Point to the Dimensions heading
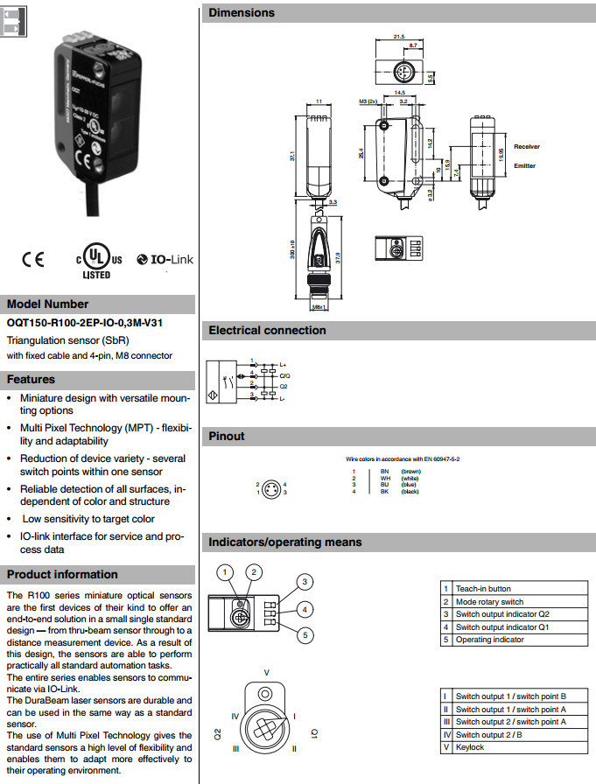[x=242, y=13]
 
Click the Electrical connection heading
[x=267, y=331]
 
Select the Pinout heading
[x=227, y=436]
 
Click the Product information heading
[x=62, y=575]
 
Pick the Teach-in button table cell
[x=483, y=589]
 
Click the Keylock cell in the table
[x=470, y=748]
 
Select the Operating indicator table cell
[x=490, y=640]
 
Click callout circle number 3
[x=304, y=582]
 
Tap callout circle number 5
[x=304, y=635]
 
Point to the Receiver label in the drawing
[x=527, y=146]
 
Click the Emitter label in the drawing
[x=525, y=165]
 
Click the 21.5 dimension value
[x=398, y=37]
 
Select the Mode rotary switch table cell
[x=489, y=602]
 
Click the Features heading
[x=32, y=380]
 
